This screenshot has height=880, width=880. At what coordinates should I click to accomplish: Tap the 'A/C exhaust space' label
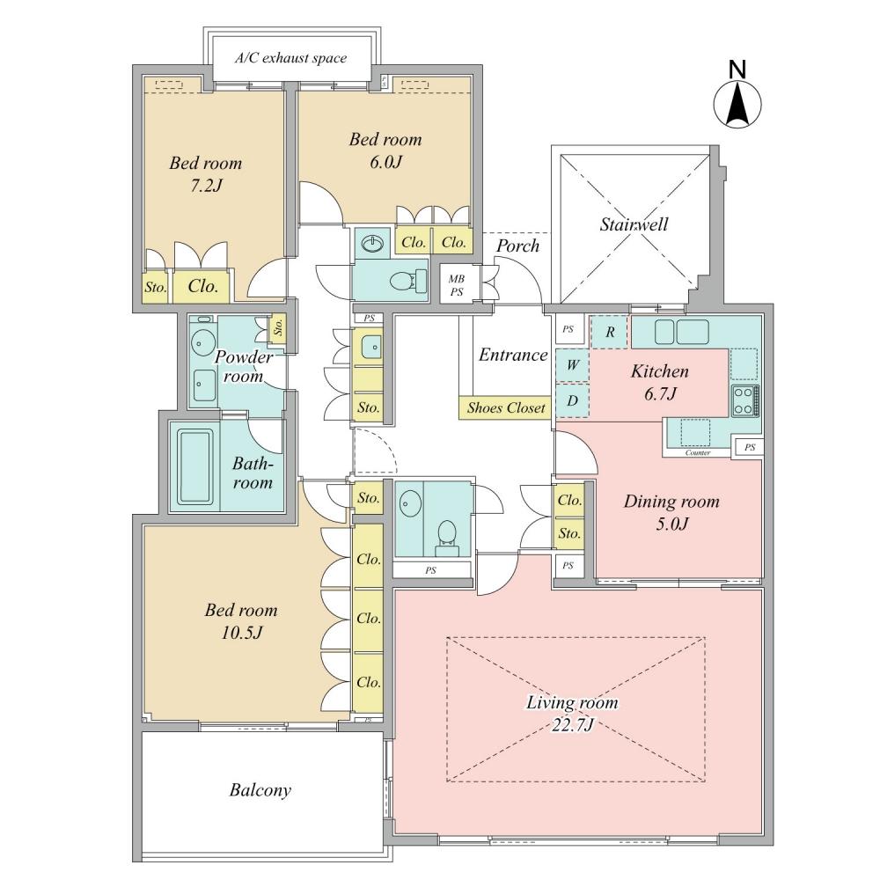pos(290,59)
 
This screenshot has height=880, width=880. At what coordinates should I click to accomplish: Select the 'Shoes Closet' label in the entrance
pos(505,407)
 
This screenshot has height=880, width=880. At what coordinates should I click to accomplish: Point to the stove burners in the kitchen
pos(744,400)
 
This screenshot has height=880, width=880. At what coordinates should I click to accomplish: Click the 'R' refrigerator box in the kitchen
pos(609,333)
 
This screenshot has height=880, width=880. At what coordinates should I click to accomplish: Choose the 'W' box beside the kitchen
pos(572,365)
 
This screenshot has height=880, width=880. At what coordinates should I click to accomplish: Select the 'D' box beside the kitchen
pos(572,400)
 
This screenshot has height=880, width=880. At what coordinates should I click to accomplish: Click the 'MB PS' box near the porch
pos(458,285)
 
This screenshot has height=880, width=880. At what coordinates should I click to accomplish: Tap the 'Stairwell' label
pos(634,225)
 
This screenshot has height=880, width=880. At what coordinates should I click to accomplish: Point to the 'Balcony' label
pos(260,790)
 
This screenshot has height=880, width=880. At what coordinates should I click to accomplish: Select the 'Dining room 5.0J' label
pos(671,512)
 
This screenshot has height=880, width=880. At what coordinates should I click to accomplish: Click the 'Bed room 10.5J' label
pos(240,620)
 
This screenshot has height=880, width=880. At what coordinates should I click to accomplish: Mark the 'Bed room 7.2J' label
pos(205,174)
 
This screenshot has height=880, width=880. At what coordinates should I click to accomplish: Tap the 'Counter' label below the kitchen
pos(698,452)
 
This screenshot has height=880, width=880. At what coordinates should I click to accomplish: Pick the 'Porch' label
pos(517,246)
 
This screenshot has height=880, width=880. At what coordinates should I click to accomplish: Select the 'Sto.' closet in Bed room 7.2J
pos(156,287)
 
